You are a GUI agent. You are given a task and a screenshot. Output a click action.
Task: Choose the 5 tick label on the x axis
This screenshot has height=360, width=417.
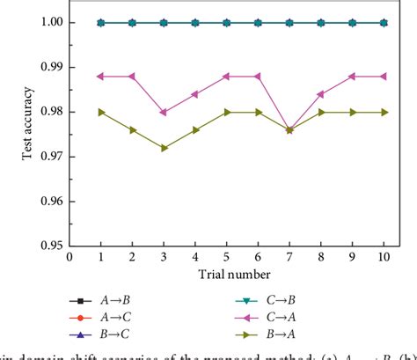[226, 257]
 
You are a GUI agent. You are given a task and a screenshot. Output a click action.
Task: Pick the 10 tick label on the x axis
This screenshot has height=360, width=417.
[382, 257]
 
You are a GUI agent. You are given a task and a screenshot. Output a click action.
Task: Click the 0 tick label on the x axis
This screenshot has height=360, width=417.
[70, 257]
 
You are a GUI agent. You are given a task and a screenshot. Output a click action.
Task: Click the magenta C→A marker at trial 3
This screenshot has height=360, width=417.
[164, 112]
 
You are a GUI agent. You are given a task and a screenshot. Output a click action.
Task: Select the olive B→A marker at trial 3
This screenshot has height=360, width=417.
[164, 148]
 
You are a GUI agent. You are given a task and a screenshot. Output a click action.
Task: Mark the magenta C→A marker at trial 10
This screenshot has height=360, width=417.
[382, 77]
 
